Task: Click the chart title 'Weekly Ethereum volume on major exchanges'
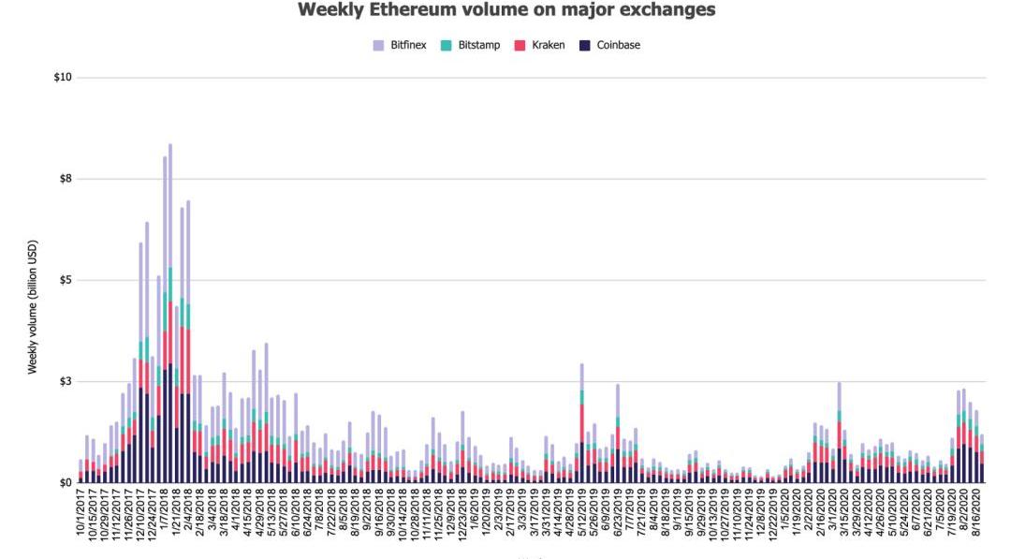505,10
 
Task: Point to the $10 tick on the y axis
64,78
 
